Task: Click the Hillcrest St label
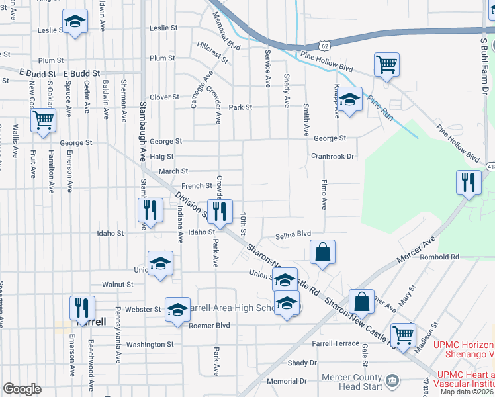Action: click(212, 52)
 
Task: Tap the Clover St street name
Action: click(164, 97)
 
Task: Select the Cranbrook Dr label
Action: click(334, 157)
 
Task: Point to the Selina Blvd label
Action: click(293, 234)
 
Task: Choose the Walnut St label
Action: click(119, 285)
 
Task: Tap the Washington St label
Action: click(150, 345)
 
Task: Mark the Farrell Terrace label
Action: click(336, 344)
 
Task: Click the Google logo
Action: click(22, 389)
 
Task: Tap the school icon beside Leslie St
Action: click(75, 22)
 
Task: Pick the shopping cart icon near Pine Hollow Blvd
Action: click(386, 65)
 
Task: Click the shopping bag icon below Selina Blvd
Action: click(322, 251)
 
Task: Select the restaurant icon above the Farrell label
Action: click(83, 308)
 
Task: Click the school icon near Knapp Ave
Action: click(350, 100)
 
